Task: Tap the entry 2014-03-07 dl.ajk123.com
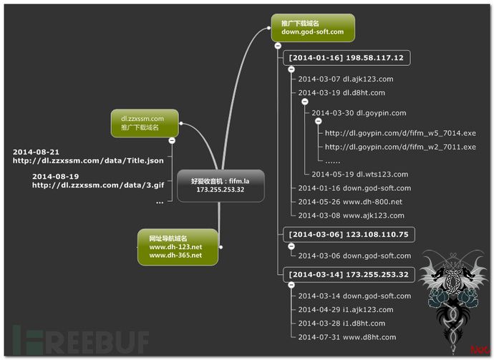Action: (x=346, y=79)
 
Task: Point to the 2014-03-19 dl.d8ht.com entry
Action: (x=342, y=92)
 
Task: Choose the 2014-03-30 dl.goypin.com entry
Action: (x=359, y=112)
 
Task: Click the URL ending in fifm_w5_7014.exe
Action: (x=400, y=132)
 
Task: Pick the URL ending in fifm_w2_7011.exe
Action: (x=400, y=147)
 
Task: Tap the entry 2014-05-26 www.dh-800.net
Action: (x=350, y=201)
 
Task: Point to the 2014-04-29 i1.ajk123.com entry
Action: (x=346, y=309)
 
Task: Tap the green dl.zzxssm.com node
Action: (x=143, y=122)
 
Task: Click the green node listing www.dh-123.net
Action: (x=177, y=246)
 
